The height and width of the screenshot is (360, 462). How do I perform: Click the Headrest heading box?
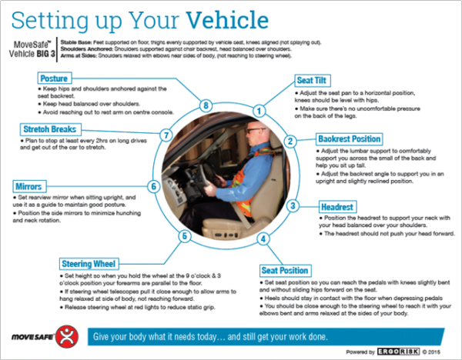tap(340, 205)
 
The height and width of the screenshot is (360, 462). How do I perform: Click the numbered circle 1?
tap(259, 111)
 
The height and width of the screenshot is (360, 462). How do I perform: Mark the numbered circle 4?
tap(263, 238)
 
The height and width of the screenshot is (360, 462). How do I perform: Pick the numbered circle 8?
tap(206, 105)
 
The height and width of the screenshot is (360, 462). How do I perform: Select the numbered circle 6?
tap(153, 186)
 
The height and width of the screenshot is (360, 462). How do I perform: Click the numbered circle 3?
tap(293, 206)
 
